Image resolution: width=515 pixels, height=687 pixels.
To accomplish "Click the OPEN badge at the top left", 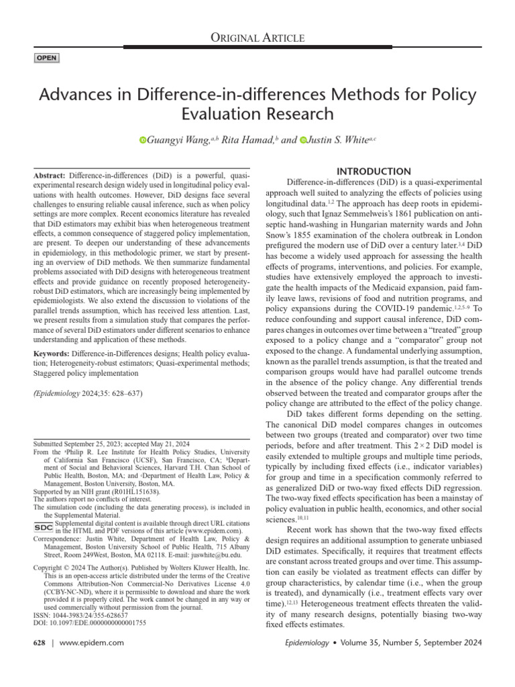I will point(46,58).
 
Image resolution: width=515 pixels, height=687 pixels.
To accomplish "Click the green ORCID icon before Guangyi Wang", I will point(143,140).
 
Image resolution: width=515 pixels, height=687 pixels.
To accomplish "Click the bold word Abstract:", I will point(49,174).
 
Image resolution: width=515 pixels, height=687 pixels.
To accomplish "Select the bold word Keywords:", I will point(51,353).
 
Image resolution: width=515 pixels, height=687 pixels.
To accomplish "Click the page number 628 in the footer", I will point(39,643).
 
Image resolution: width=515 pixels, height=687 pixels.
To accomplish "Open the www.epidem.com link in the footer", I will point(93,643).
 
